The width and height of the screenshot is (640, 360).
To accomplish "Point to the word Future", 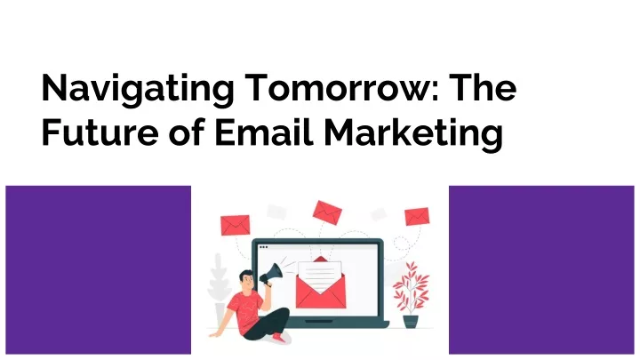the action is point(100,132).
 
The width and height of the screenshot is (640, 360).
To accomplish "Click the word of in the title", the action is point(187,131).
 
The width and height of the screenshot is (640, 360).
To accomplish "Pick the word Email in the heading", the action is point(264,131).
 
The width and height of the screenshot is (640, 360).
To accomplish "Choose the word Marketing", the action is point(413,134).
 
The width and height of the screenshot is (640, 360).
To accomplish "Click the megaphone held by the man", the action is point(270,274).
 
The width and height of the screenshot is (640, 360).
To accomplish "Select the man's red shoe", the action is point(280,338).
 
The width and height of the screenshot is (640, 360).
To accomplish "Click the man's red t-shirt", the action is point(244,313).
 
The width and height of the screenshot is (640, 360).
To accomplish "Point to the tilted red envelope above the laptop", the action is point(327,212).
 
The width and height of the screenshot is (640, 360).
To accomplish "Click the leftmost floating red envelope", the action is point(235,225).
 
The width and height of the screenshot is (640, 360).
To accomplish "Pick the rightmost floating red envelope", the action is point(417,216).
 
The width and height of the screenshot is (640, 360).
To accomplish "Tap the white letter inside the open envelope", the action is point(320,276).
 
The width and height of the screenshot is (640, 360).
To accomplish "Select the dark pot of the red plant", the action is point(411,322).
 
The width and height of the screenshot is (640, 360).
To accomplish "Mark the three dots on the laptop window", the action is point(264,247).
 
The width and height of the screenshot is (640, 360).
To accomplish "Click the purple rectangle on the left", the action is point(99,270).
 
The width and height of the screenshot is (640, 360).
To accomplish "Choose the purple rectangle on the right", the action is point(541,270).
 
